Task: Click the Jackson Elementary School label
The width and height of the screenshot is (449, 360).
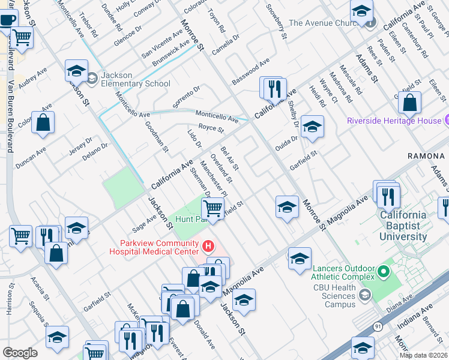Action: coord(136,79)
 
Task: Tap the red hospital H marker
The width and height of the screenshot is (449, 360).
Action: coord(208,246)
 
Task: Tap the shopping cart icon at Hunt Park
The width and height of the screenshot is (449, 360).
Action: coord(212,209)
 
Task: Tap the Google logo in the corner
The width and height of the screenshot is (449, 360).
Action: coord(20,352)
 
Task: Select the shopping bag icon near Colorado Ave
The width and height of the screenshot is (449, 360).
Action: coord(43,123)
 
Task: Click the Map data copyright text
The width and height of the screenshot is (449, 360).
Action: coord(423,355)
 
